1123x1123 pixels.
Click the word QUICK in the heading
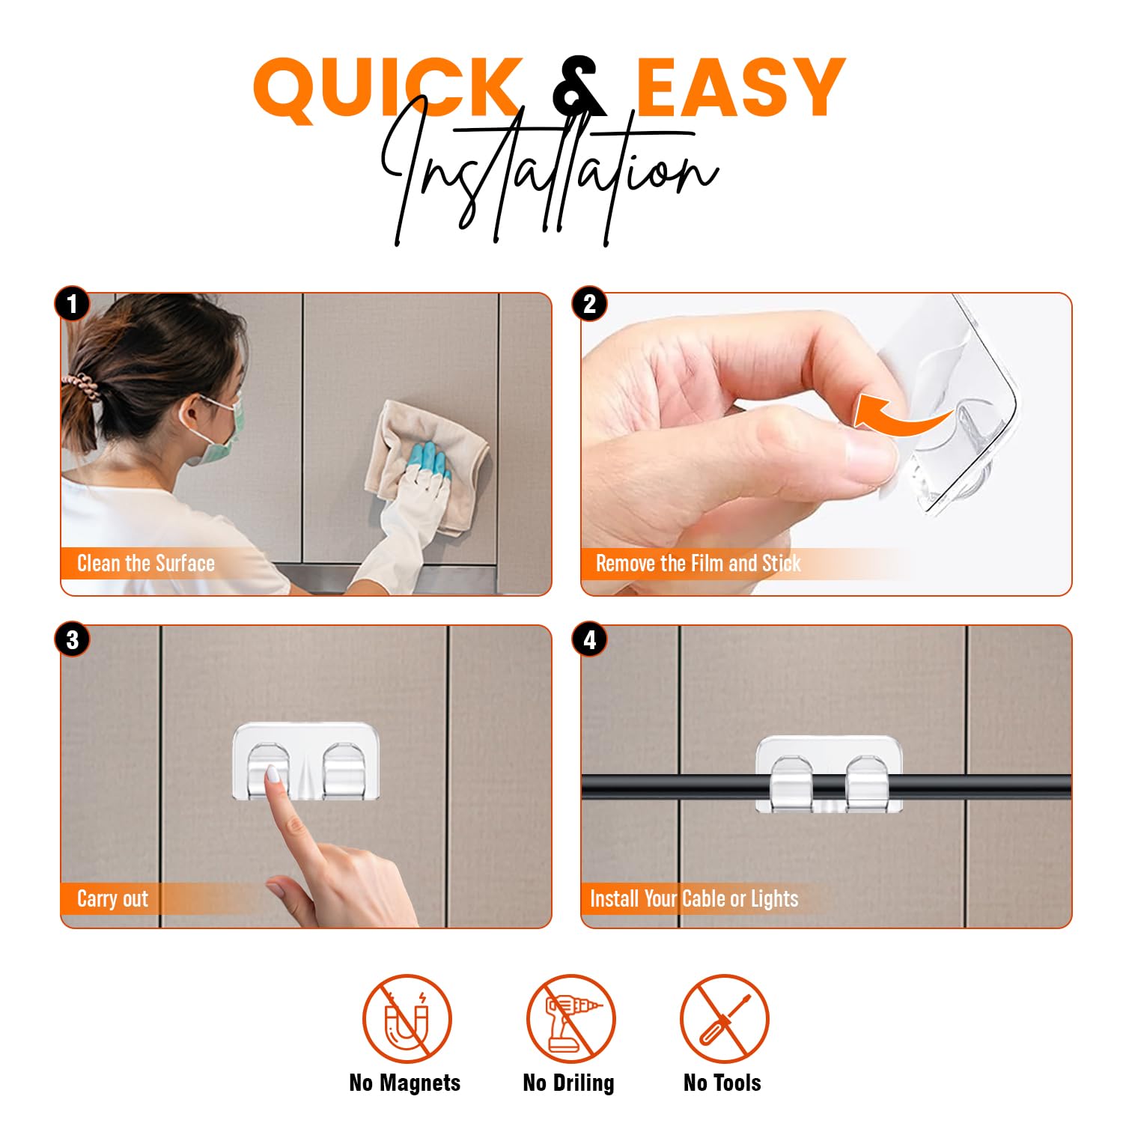pyautogui.click(x=387, y=88)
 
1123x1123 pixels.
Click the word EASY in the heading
pyautogui.click(x=741, y=88)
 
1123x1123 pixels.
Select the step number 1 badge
pyautogui.click(x=72, y=305)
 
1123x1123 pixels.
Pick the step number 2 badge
pyautogui.click(x=590, y=304)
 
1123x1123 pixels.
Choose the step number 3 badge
pyautogui.click(x=72, y=640)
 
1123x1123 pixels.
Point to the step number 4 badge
pyautogui.click(x=590, y=640)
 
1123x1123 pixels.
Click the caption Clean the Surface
pyautogui.click(x=146, y=563)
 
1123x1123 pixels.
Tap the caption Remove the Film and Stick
pyautogui.click(x=698, y=563)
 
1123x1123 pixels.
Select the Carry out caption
pyautogui.click(x=112, y=898)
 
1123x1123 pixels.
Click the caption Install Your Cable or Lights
pyautogui.click(x=694, y=898)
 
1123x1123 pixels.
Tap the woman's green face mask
pyautogui.click(x=225, y=433)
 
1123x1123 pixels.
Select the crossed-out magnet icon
pyautogui.click(x=407, y=1018)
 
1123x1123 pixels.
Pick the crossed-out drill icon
pyautogui.click(x=570, y=1018)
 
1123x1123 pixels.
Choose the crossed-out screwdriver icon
pyautogui.click(x=724, y=1018)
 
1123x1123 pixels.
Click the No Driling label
pyautogui.click(x=568, y=1083)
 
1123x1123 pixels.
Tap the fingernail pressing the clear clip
pyautogui.click(x=273, y=774)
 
